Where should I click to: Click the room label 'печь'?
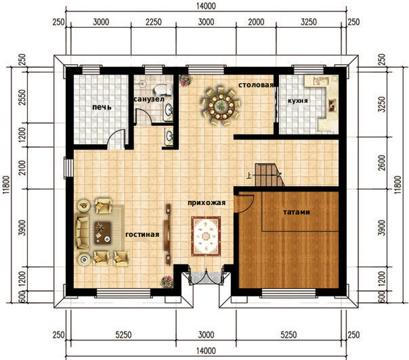tap(102, 107)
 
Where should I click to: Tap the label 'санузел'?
tap(149, 99)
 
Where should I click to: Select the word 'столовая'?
tap(256, 85)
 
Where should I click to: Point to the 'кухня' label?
tap(298, 101)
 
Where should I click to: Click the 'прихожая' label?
tap(207, 202)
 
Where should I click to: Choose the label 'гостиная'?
tap(142, 234)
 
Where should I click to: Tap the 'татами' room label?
tap(297, 212)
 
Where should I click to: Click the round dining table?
tap(221, 106)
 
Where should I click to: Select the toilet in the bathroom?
tap(163, 89)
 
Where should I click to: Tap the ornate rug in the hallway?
tap(206, 236)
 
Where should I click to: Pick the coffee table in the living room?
tap(103, 233)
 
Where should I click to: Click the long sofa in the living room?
tap(82, 233)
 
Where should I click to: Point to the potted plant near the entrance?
tap(167, 282)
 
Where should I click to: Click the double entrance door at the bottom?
tap(206, 277)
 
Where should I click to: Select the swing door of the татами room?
tap(244, 203)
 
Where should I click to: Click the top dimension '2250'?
tap(153, 22)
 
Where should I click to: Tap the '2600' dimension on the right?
tap(382, 162)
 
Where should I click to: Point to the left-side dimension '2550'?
tap(24, 97)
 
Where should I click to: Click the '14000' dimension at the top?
tap(206, 5)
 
